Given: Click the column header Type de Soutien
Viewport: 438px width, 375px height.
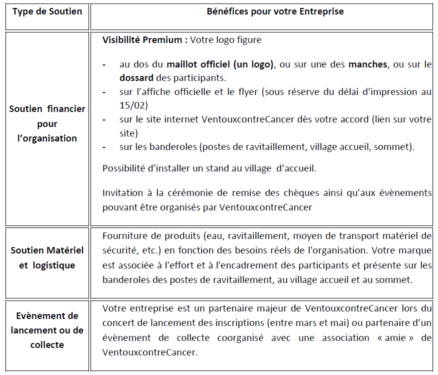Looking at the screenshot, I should click(x=47, y=11).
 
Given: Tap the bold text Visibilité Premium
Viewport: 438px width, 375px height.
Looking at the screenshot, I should click(x=141, y=40).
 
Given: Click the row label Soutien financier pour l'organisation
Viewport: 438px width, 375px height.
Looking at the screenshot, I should click(x=47, y=123).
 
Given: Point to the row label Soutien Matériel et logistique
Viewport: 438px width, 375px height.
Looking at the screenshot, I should click(x=47, y=257).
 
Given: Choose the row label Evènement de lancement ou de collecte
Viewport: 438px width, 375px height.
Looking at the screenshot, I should click(x=47, y=330).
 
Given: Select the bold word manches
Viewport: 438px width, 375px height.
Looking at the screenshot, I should click(x=367, y=64).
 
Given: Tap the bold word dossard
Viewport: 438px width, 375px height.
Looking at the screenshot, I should click(x=136, y=78).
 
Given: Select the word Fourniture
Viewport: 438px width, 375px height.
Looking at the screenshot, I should click(x=123, y=236).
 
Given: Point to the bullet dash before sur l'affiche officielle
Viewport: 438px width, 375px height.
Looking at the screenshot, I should click(x=104, y=92).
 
